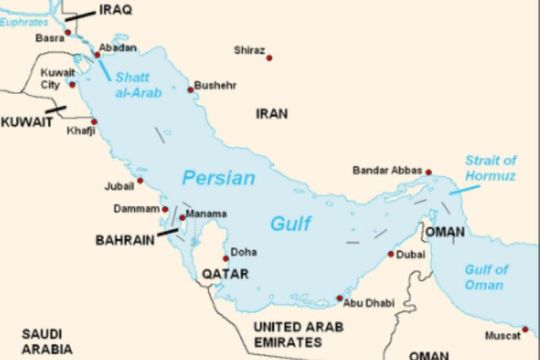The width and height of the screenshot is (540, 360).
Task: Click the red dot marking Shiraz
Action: (269, 58)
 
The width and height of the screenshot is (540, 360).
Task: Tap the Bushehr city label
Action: (215, 85)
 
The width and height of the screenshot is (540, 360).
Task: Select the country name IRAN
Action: (272, 114)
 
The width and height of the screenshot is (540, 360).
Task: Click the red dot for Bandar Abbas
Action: (428, 172)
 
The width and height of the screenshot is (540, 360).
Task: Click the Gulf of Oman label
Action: (486, 277)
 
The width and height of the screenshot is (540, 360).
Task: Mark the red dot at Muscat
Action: (524, 328)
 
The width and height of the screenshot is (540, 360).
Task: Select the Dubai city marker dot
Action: (391, 254)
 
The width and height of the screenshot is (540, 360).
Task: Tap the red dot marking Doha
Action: (225, 253)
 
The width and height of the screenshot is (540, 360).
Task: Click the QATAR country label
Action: (224, 274)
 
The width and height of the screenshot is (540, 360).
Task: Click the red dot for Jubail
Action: (140, 181)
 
